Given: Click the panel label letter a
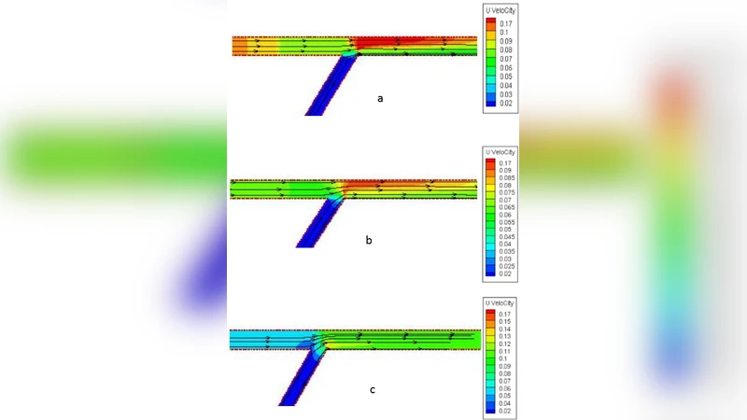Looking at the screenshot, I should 379,97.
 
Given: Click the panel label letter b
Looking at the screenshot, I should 369,240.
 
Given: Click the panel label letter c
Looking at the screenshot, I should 372,389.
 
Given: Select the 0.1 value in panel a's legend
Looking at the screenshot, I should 505,31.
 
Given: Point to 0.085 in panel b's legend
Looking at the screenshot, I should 507,177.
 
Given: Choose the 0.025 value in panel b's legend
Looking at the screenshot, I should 507,267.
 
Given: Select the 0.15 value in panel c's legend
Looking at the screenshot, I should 505,322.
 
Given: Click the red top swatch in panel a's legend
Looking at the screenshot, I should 491,21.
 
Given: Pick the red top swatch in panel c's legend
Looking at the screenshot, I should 489,315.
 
